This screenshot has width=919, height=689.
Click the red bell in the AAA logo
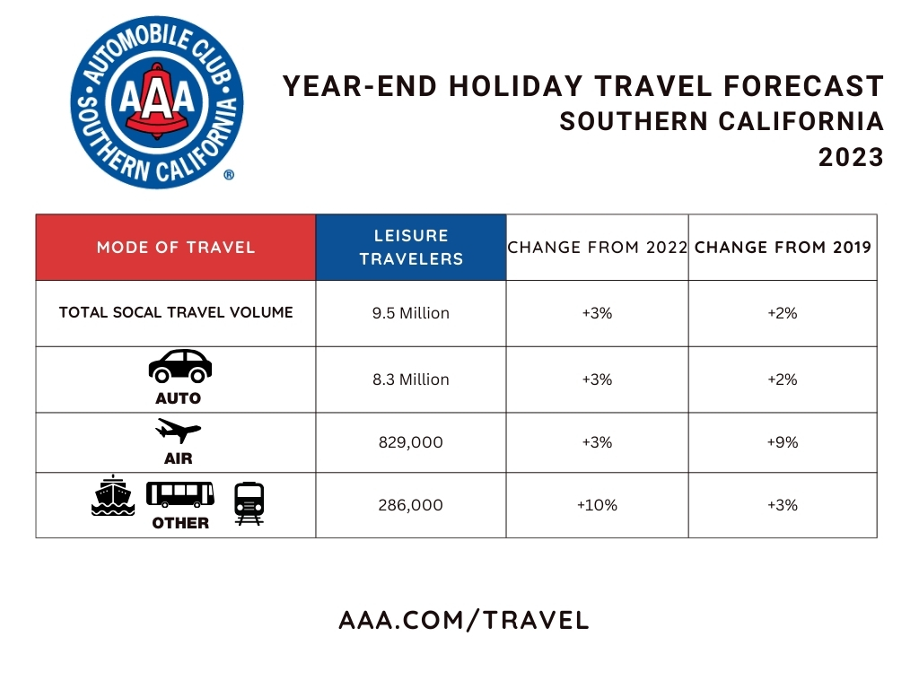(x=157, y=101)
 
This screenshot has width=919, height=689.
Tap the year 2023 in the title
(x=851, y=158)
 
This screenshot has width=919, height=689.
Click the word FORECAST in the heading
(x=803, y=86)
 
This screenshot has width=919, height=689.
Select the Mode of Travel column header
(x=176, y=248)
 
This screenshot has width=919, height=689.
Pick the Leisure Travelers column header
(x=411, y=248)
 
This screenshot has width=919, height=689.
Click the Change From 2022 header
(x=597, y=248)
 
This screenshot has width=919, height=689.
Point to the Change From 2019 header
(x=783, y=248)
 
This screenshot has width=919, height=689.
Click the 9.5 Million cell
(x=411, y=313)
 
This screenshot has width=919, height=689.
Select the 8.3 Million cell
(x=411, y=379)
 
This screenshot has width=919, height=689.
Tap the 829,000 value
(x=411, y=442)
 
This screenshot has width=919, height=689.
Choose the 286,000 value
(x=411, y=505)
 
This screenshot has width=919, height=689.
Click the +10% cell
(x=597, y=505)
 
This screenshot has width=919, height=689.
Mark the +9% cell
(x=783, y=442)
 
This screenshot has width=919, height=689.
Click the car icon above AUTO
(x=179, y=366)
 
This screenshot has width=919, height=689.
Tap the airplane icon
(x=178, y=431)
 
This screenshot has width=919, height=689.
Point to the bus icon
(x=179, y=494)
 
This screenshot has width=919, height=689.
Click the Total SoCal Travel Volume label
(x=176, y=312)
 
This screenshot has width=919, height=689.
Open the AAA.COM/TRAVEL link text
(x=464, y=621)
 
